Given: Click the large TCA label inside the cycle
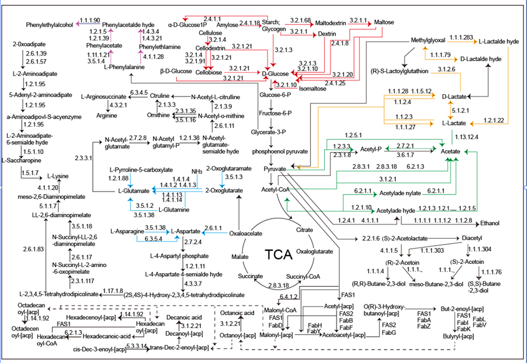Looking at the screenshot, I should [x=279, y=254].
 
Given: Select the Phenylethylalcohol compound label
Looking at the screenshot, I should [x=50, y=25].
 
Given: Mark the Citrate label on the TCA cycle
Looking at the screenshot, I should [x=305, y=230].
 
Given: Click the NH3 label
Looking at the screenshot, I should [x=196, y=171].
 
